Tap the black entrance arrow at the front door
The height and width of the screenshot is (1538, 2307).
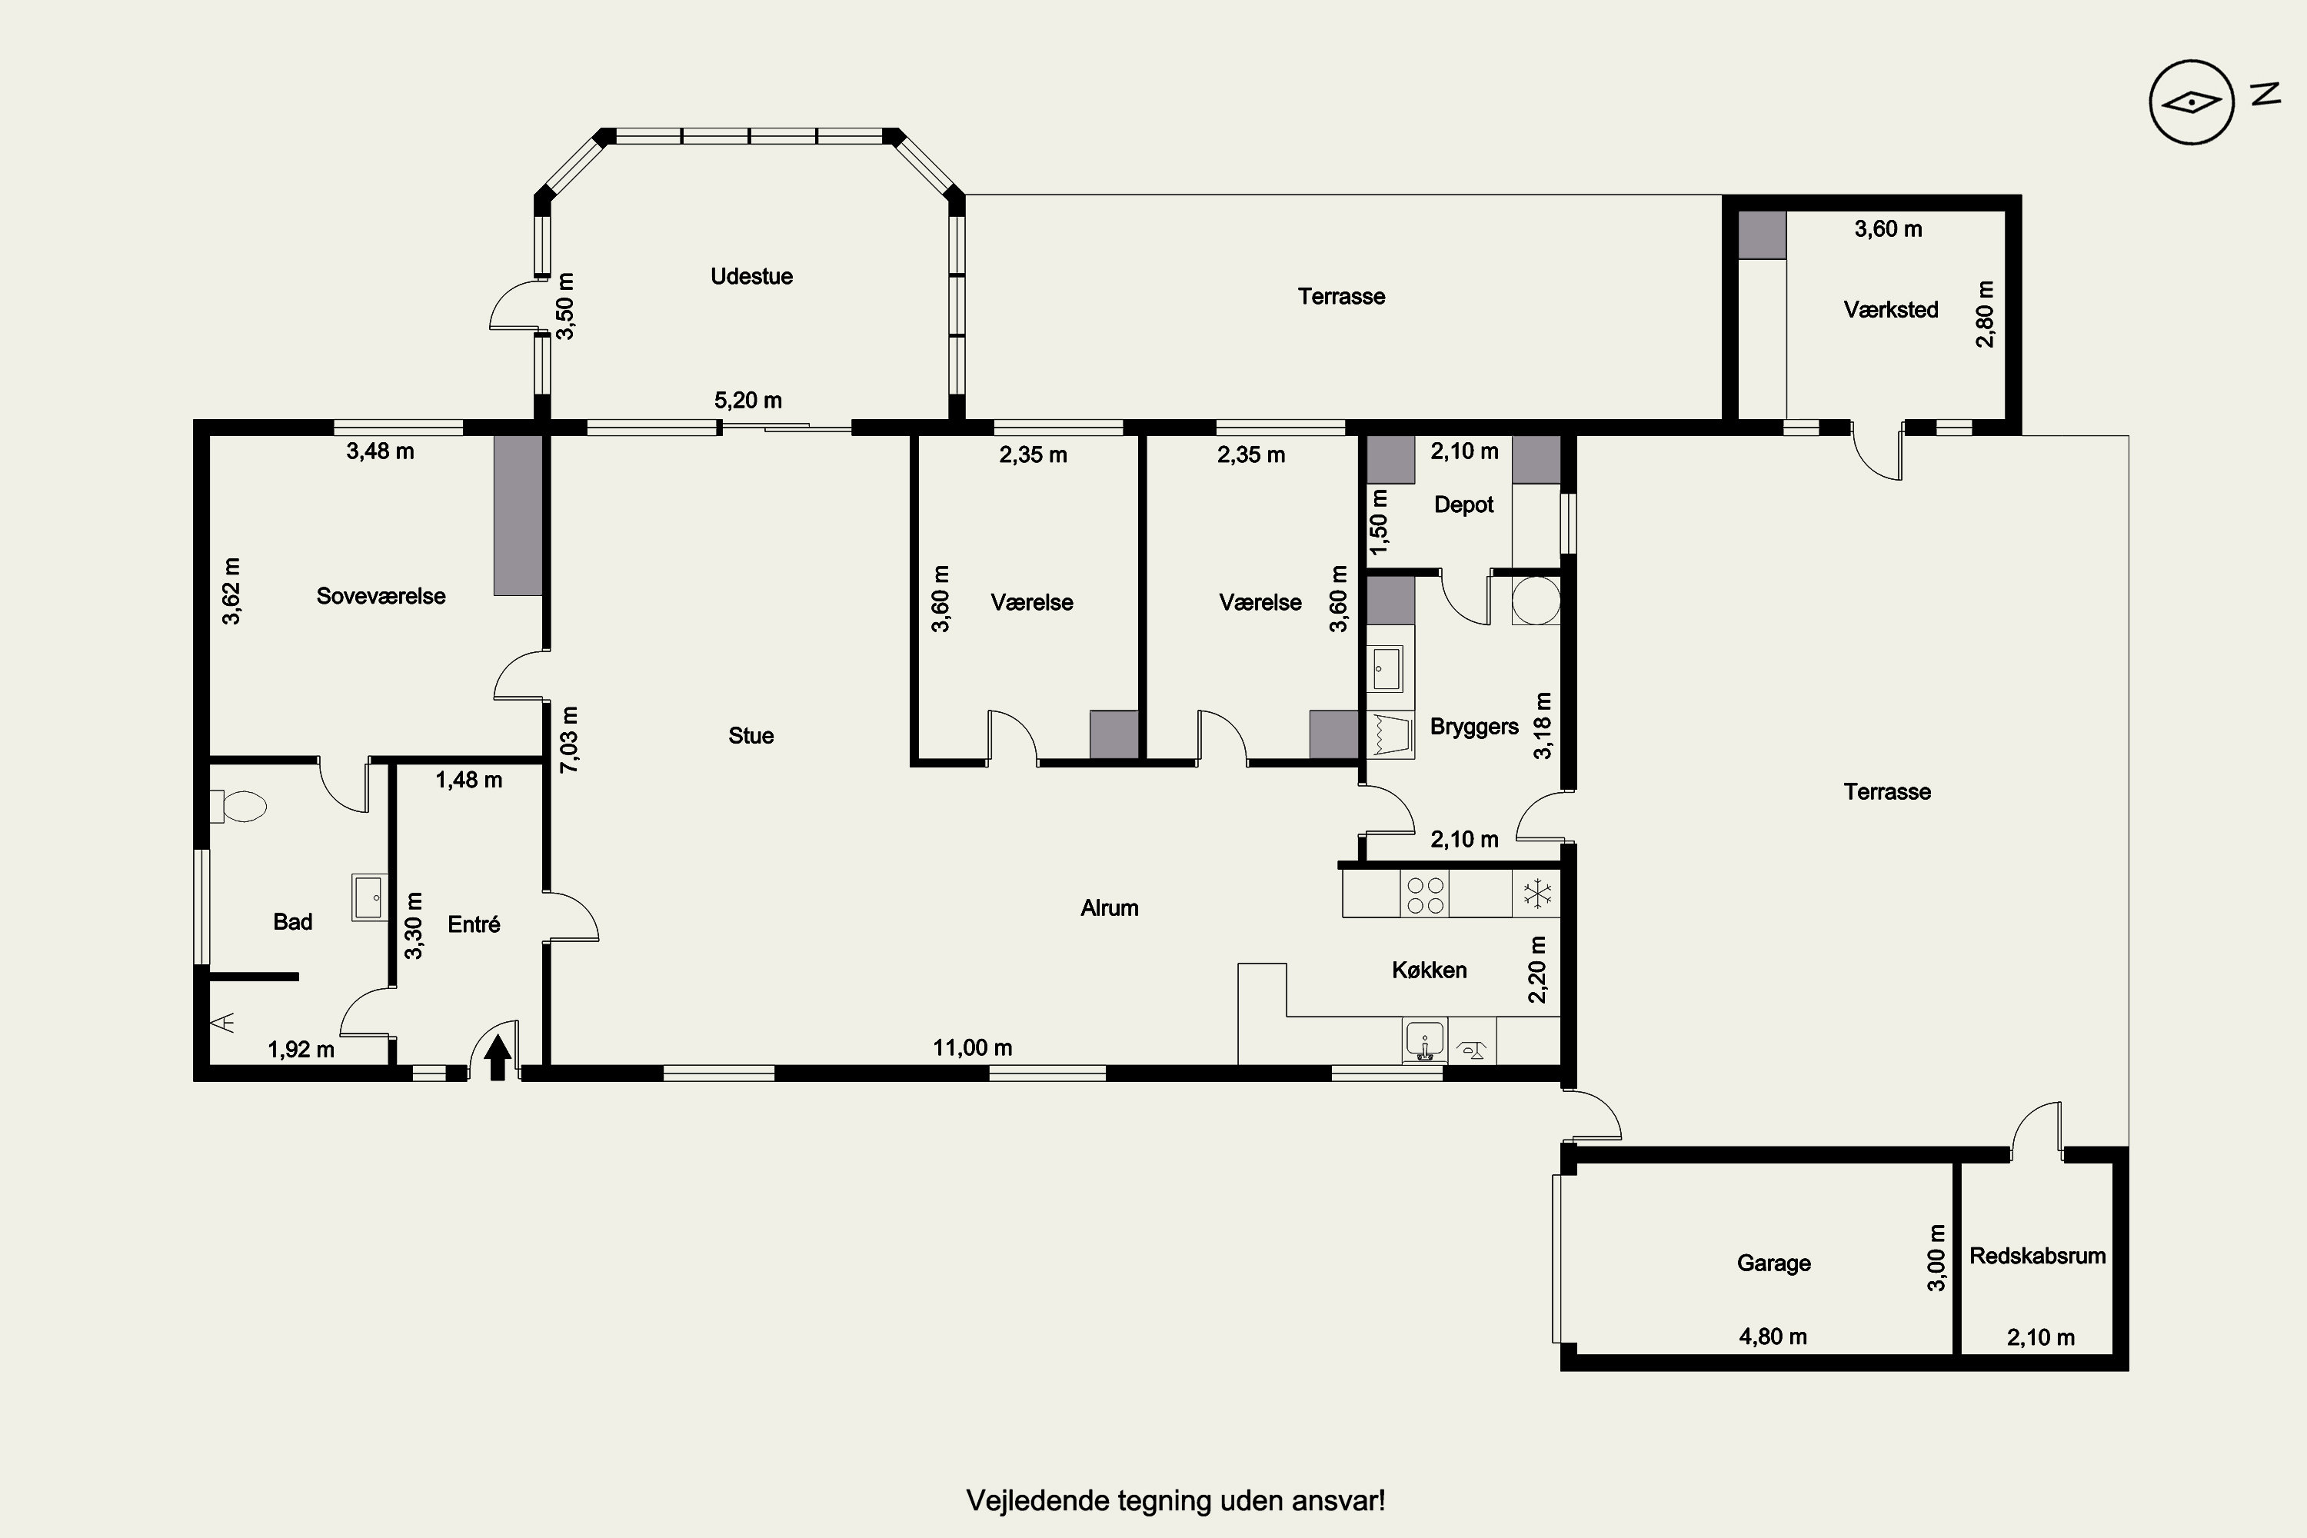pyautogui.click(x=498, y=1057)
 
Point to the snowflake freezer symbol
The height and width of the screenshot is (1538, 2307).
pyautogui.click(x=1536, y=894)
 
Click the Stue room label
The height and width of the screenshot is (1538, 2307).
pyautogui.click(x=751, y=736)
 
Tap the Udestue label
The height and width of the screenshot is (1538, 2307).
pyautogui.click(x=751, y=277)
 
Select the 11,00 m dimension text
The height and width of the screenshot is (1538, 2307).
pyautogui.click(x=972, y=1047)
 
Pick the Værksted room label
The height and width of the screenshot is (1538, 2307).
pyautogui.click(x=1891, y=310)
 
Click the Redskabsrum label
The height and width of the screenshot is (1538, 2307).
pyautogui.click(x=2037, y=1256)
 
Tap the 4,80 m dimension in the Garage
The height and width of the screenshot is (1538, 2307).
pyautogui.click(x=1773, y=1336)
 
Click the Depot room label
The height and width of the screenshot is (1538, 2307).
pyautogui.click(x=1463, y=504)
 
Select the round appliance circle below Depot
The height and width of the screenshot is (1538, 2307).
pyautogui.click(x=1536, y=601)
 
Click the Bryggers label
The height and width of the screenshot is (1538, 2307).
pyautogui.click(x=1474, y=727)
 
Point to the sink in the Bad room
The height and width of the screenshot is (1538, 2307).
pyautogui.click(x=369, y=897)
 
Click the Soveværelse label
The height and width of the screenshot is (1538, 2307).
pyautogui.click(x=381, y=597)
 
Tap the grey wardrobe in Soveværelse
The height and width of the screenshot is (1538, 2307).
pyautogui.click(x=517, y=515)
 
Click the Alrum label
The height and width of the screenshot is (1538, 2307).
pyautogui.click(x=1110, y=908)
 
